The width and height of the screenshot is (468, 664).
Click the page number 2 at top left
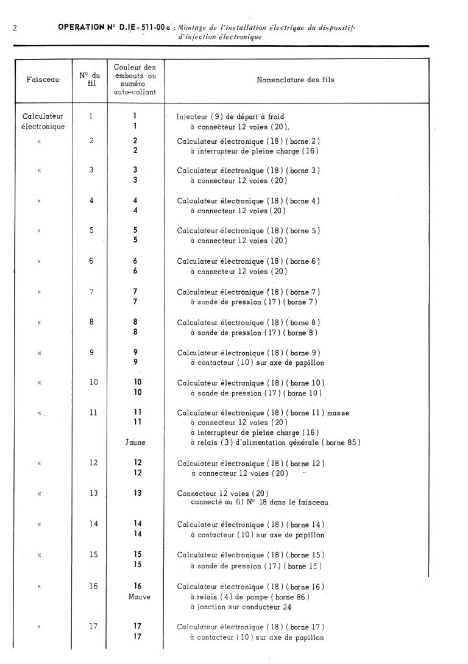point(13,28)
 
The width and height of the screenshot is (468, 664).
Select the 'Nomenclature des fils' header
point(296,80)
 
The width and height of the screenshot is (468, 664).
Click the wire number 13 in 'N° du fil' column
point(93,493)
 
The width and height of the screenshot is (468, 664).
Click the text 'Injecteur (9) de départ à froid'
point(230,116)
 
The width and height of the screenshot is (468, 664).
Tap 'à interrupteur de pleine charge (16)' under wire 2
point(254,151)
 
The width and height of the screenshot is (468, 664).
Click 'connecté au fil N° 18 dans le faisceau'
point(260,503)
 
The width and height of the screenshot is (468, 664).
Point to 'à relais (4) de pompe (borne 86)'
point(250,597)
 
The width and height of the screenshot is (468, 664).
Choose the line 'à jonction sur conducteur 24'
point(241,607)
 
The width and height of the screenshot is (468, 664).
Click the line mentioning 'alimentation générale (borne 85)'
point(275,442)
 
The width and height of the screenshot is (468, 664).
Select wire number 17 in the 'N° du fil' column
point(93,626)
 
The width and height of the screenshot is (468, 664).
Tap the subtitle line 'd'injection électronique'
point(224,37)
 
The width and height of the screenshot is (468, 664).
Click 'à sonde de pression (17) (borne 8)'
point(253,333)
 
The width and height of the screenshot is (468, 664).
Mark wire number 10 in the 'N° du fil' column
point(93,383)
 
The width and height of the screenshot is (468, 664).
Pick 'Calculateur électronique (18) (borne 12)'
point(250,463)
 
